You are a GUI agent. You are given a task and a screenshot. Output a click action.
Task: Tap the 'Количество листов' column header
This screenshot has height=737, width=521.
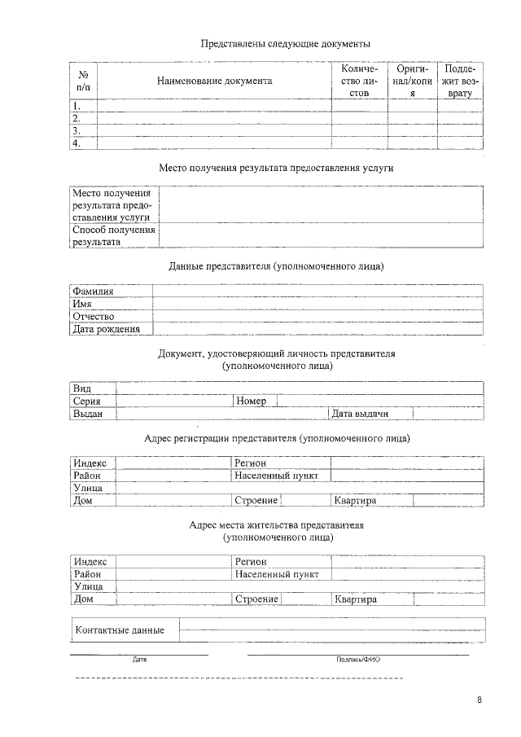[x=359, y=81]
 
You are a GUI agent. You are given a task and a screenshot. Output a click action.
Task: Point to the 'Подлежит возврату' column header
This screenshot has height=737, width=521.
[x=460, y=81]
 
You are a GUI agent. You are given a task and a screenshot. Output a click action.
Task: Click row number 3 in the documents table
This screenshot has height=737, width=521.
[x=77, y=130]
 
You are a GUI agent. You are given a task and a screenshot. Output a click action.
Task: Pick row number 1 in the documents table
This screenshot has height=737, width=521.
[x=77, y=106]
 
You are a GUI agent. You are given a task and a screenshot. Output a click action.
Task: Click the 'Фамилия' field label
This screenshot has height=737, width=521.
[x=93, y=291]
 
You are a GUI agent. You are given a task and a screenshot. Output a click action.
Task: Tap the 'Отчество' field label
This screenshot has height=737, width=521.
[x=93, y=316]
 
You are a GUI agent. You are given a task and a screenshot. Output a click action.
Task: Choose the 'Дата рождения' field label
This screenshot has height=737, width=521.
[x=106, y=329]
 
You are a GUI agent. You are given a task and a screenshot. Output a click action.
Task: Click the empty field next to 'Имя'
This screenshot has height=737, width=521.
[x=317, y=304]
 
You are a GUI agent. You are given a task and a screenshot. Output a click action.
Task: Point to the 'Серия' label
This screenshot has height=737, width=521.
[x=87, y=401]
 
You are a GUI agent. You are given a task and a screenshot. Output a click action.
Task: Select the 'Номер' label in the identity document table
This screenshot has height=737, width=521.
[x=251, y=401]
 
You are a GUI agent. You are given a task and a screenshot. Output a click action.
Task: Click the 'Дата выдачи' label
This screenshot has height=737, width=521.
[x=359, y=414]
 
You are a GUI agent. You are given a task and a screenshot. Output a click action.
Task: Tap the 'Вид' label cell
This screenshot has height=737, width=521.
[x=82, y=388]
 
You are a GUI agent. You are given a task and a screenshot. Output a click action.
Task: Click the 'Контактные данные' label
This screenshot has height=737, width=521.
[x=120, y=630]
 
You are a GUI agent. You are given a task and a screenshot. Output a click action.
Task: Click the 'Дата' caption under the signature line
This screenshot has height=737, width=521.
[x=139, y=659]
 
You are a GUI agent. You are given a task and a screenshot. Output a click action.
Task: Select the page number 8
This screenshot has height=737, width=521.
[x=479, y=700]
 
